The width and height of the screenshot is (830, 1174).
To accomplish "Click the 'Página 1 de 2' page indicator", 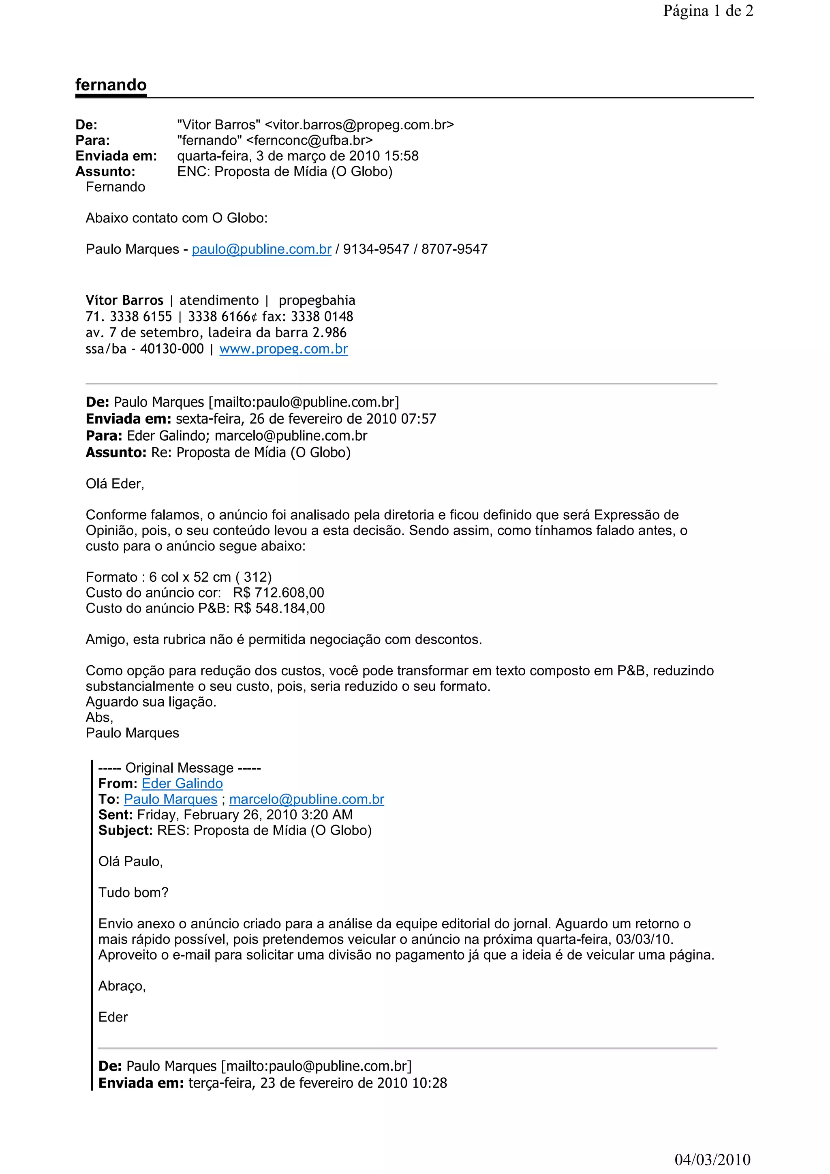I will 708,11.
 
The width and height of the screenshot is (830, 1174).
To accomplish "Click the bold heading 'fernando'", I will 111,84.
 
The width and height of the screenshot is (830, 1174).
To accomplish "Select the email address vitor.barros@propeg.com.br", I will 359,125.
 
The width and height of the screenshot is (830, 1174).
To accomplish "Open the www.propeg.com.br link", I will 284,349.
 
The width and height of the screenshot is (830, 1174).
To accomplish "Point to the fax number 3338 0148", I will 322,317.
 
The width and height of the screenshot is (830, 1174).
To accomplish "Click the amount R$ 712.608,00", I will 278,593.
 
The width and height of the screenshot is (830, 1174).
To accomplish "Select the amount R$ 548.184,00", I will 279,608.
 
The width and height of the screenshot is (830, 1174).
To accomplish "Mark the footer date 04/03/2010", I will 712,1160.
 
